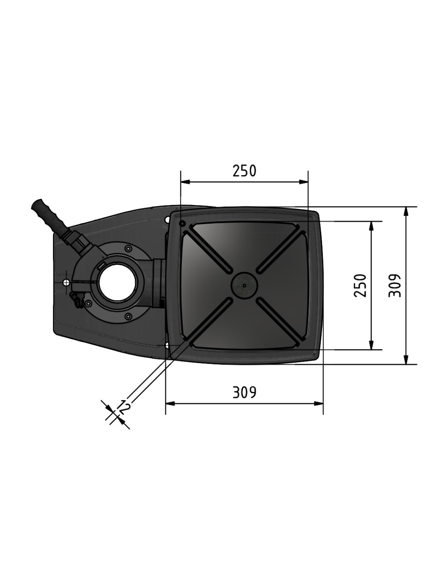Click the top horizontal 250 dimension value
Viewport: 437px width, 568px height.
coord(244,171)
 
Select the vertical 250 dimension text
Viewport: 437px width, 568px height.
coord(360,285)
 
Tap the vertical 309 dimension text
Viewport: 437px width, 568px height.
coord(395,285)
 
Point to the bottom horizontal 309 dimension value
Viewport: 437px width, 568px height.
coord(244,392)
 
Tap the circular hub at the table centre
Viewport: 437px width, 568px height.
coord(244,285)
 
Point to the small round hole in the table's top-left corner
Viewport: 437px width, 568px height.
coord(183,224)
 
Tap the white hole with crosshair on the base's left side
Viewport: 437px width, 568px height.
coord(66,282)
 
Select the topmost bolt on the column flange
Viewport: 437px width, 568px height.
coord(128,249)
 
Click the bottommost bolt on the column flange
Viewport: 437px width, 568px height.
coord(128,316)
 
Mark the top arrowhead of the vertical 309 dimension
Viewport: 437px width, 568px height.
coord(406,210)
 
